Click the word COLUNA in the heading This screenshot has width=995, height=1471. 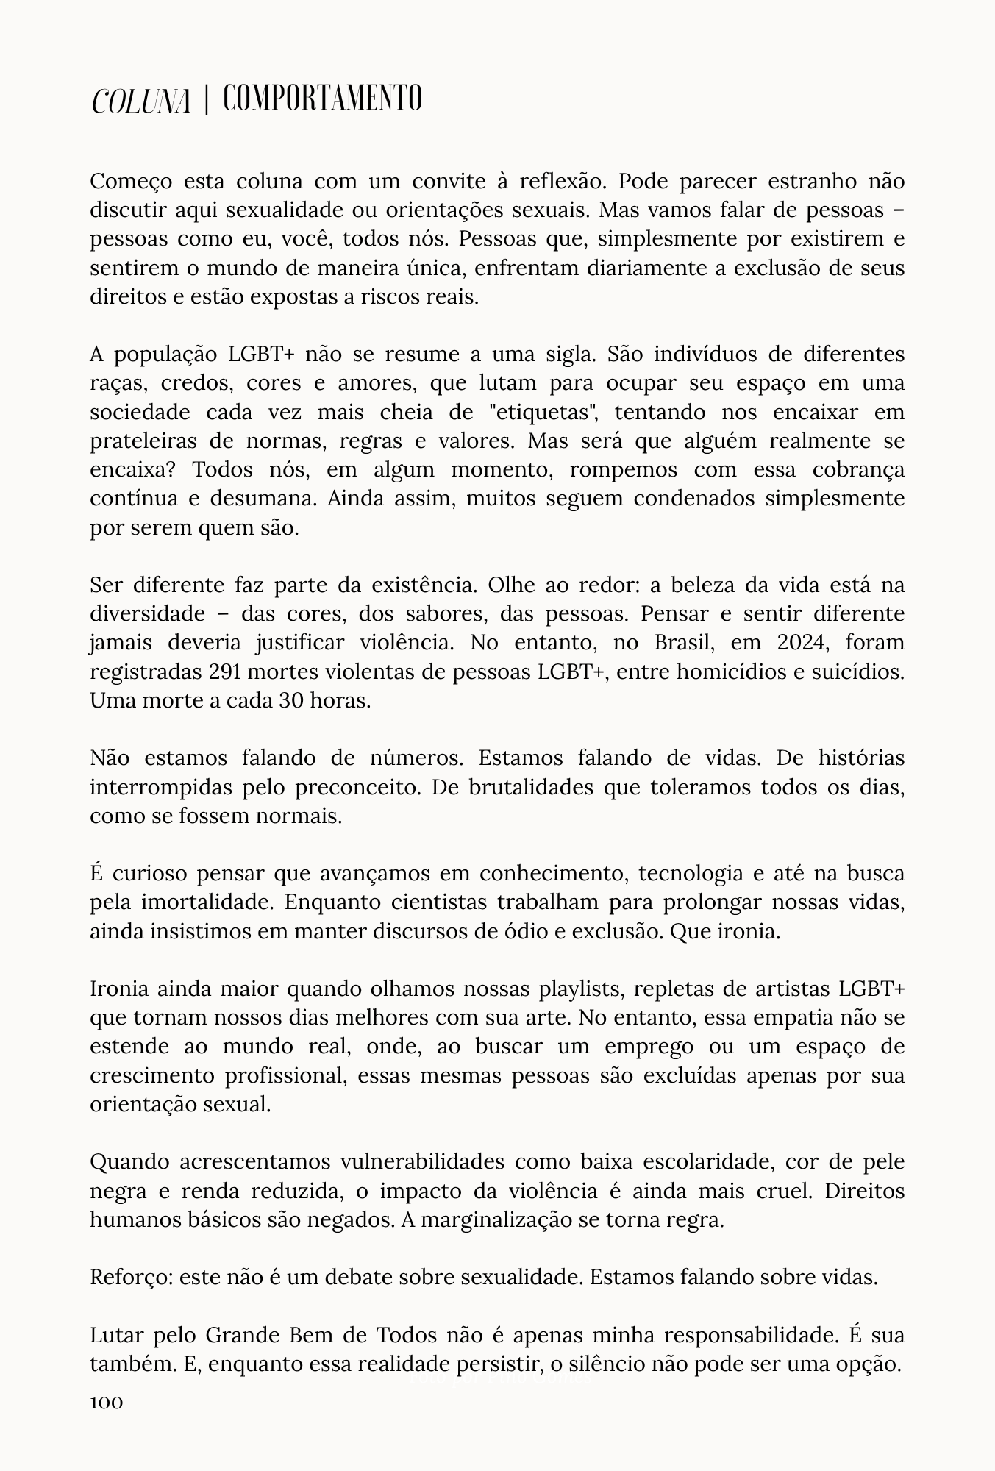(140, 100)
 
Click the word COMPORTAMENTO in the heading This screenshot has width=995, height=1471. (323, 99)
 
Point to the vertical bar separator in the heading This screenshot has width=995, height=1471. (207, 99)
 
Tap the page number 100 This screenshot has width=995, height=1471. (106, 1403)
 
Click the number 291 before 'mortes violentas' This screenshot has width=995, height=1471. (227, 672)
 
